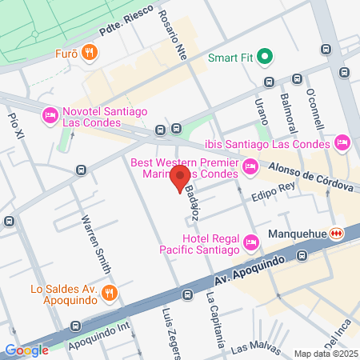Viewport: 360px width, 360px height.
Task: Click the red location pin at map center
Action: pyautogui.click(x=180, y=178)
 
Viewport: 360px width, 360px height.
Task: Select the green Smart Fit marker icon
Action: pyautogui.click(x=268, y=58)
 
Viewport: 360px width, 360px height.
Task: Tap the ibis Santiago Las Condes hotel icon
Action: pyautogui.click(x=342, y=143)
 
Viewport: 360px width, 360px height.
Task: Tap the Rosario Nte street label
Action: pyautogui.click(x=177, y=37)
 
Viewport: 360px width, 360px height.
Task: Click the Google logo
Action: pyautogui.click(x=26, y=350)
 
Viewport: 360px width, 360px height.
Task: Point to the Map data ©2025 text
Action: pyautogui.click(x=324, y=354)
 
